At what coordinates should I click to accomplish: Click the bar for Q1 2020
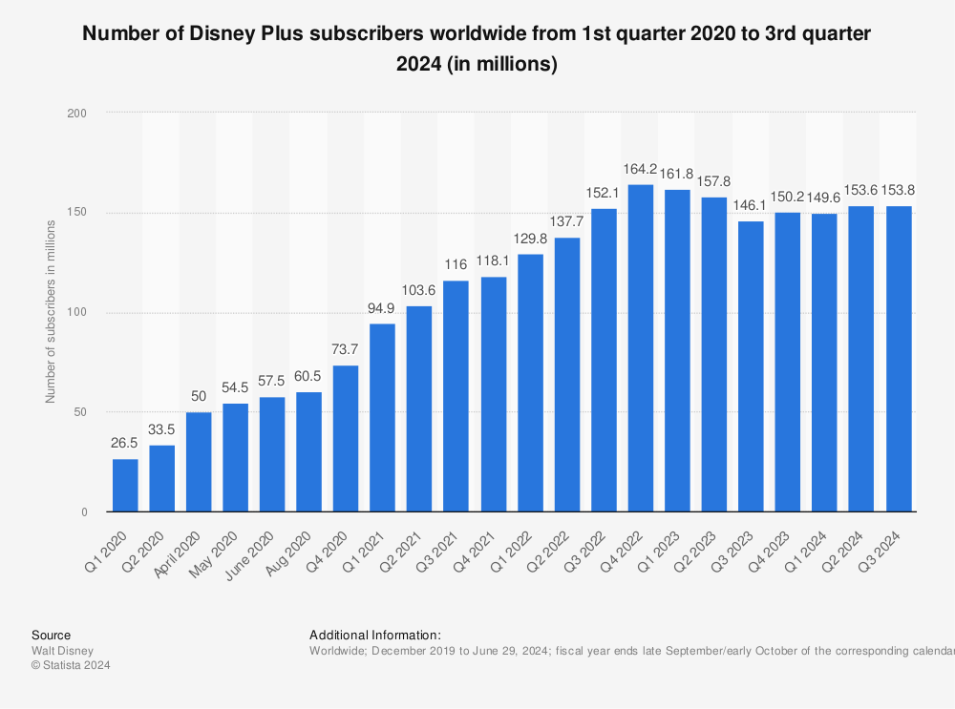(125, 486)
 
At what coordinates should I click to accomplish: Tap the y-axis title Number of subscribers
(50, 312)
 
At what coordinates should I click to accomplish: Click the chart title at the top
(477, 49)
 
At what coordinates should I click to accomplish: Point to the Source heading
(51, 635)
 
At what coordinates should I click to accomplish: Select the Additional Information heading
(374, 635)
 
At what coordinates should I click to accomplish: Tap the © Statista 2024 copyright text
(71, 666)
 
